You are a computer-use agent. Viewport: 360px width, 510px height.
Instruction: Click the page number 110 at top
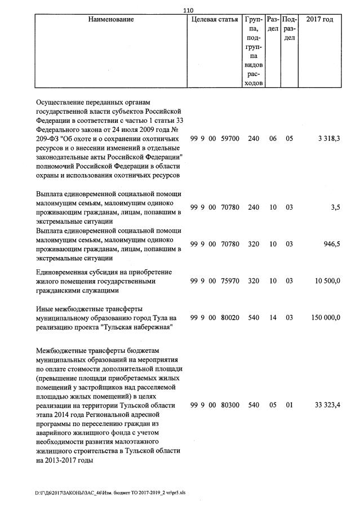(189, 10)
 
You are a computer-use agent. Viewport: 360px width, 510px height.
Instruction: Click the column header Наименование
(111, 20)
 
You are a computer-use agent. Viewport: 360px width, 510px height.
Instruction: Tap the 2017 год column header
(319, 20)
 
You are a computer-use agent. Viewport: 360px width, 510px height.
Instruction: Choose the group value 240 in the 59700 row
(254, 138)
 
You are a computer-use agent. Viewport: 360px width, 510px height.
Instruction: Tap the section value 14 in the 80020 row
(273, 318)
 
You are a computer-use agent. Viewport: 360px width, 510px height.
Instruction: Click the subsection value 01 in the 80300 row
(289, 405)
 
